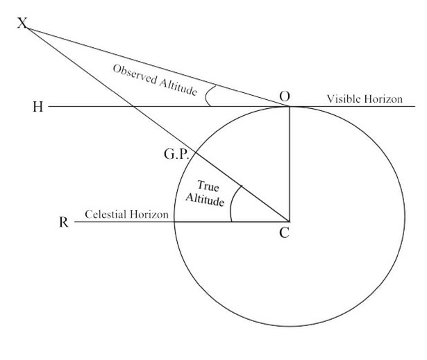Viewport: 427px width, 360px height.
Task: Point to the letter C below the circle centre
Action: (283, 233)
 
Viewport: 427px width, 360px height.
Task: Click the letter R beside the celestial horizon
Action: (64, 225)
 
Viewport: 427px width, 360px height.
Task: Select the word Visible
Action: (343, 100)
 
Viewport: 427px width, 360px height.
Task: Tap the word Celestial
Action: (106, 215)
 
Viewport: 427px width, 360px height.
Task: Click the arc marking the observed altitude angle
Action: (209, 96)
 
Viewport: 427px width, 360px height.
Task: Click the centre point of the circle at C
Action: (289, 222)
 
